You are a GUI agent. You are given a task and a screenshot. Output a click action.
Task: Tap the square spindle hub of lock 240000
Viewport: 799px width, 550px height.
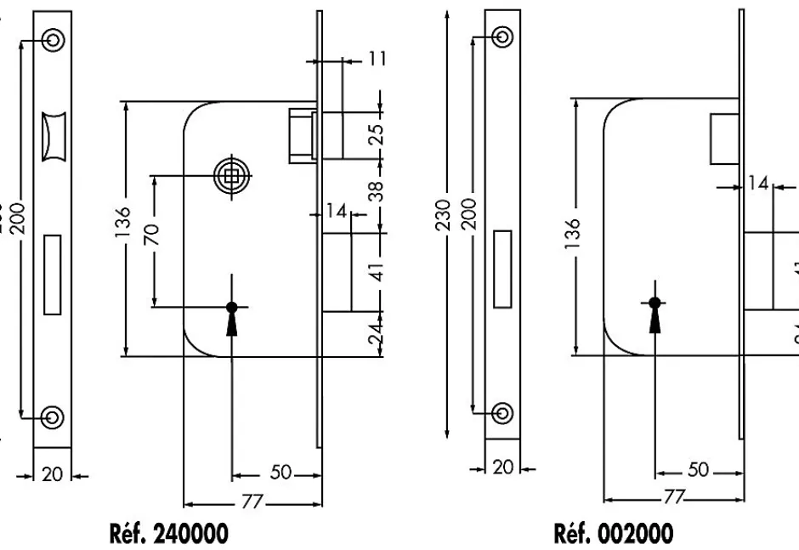[x=231, y=176]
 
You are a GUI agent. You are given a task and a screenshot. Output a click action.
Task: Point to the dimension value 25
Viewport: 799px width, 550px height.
[x=377, y=133]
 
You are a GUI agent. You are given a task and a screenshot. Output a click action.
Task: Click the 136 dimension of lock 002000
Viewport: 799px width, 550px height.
[x=575, y=228]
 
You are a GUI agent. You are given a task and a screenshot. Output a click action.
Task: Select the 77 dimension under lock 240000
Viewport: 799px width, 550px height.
[x=252, y=501]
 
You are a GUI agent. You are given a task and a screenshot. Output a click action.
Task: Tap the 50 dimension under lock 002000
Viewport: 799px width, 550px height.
[x=698, y=471]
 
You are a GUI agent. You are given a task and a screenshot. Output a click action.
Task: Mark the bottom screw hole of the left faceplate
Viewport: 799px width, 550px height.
[x=53, y=417]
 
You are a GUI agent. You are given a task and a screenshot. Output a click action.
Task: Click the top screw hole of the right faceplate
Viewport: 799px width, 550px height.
[x=502, y=37]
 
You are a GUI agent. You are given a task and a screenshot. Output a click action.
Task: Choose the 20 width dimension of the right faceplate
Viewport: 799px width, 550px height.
[x=502, y=468]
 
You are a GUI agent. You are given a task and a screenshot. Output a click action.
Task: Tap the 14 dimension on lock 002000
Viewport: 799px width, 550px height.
[x=757, y=184]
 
